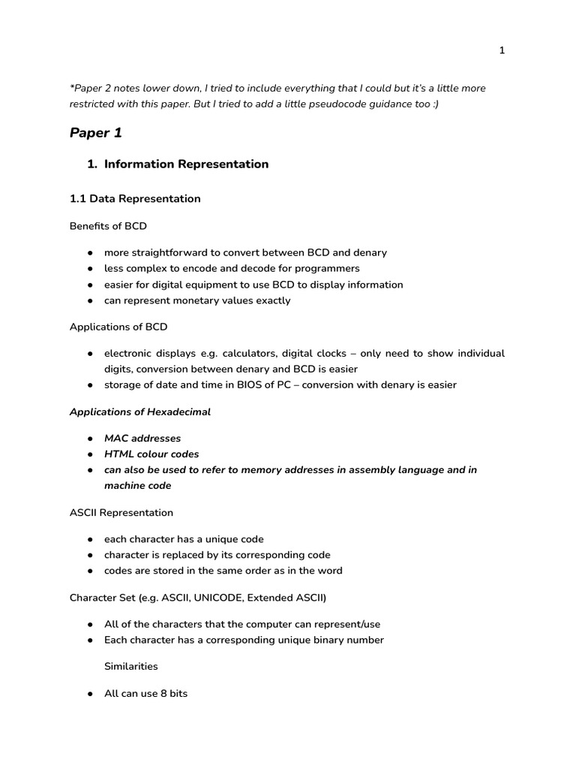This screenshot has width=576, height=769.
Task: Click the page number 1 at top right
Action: (x=502, y=50)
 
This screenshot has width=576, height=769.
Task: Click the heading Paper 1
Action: (x=95, y=133)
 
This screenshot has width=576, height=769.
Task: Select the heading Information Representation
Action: (x=186, y=164)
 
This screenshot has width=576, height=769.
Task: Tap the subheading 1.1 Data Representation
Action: (x=135, y=199)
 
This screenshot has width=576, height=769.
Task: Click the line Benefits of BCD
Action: (x=108, y=226)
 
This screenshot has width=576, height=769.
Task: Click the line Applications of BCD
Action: (x=118, y=327)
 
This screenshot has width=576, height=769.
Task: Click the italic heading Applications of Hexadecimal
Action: (x=140, y=412)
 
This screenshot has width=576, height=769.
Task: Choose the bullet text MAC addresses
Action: (x=142, y=438)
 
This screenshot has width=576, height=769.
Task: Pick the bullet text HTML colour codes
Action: (x=151, y=454)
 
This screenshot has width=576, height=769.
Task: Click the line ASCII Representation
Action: (x=121, y=512)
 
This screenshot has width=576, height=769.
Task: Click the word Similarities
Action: (x=131, y=666)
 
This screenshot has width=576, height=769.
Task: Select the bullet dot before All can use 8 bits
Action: (x=90, y=694)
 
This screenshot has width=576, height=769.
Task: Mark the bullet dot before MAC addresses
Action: (x=90, y=439)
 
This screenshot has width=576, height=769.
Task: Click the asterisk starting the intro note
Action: (x=72, y=87)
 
